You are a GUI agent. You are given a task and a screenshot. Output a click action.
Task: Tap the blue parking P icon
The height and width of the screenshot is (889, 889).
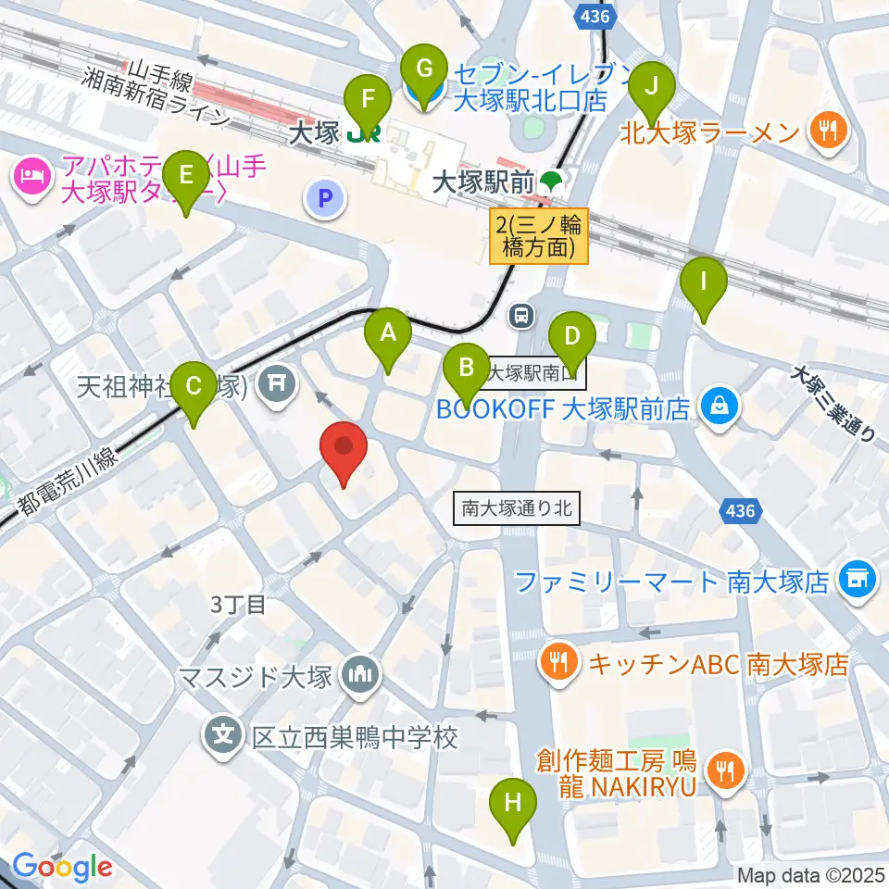coord(325,197)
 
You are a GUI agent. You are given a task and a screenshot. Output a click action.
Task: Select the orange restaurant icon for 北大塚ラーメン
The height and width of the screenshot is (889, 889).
coord(828,130)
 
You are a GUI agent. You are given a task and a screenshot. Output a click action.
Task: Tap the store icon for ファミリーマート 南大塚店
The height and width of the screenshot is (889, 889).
coord(855,580)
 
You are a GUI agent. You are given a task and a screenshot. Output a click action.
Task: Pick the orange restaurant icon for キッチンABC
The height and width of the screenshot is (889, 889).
coord(560,662)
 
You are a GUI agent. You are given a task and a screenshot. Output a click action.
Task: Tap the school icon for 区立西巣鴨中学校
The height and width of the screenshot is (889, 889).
coord(223,738)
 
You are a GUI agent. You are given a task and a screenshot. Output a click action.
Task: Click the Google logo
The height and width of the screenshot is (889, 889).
coord(63,867)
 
